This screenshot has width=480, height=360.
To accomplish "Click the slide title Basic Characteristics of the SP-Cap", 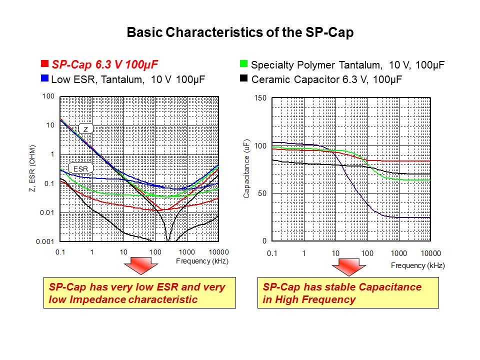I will (240, 33).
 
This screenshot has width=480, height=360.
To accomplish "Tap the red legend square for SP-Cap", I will (44, 64).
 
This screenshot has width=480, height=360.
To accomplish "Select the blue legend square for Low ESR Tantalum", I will (44, 78).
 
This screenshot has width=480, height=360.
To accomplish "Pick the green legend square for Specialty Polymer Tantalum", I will (244, 64).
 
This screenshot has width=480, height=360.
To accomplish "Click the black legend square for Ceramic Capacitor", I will (244, 78).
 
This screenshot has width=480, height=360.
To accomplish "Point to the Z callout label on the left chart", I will (85, 129).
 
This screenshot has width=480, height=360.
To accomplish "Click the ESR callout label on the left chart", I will (80, 169).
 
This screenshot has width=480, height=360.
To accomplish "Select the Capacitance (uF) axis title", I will (246, 169).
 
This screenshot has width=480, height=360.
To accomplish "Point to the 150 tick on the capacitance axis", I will (261, 97).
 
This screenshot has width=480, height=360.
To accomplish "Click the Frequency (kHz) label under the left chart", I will (202, 261).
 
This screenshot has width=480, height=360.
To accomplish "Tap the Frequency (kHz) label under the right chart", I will (417, 265).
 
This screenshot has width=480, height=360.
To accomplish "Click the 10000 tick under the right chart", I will (430, 253).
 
